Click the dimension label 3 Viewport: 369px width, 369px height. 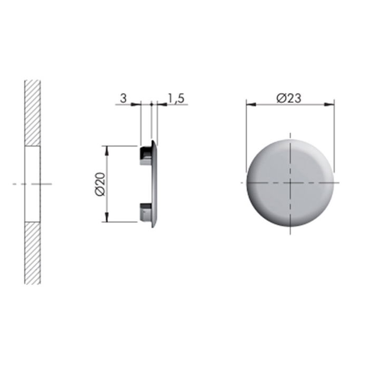point(123,98)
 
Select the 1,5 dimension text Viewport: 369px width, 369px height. point(176,98)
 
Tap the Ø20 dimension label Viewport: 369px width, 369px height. point(100,184)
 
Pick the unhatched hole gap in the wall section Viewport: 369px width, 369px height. point(33,183)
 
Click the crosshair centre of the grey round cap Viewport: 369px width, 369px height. point(289,182)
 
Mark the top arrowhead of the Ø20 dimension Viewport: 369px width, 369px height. point(108,149)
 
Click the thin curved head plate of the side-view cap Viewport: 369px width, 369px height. point(154,184)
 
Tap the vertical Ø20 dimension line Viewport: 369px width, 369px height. point(108,169)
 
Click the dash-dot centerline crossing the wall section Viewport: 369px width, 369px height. point(16,183)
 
